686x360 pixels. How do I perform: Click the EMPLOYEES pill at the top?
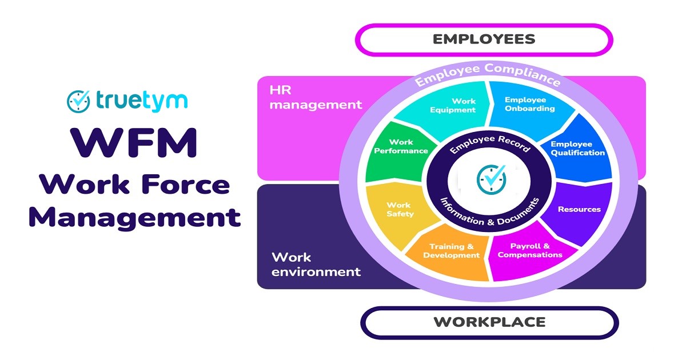tap(484, 39)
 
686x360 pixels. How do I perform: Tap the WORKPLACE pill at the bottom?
tap(489, 322)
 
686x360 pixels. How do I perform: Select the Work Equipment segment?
tap(452, 106)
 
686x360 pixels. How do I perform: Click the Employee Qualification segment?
tap(577, 149)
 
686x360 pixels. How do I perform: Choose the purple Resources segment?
tap(579, 209)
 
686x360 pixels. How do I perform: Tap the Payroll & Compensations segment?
tap(529, 251)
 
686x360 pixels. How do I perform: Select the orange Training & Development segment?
tap(451, 251)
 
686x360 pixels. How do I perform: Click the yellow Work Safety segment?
tap(399, 209)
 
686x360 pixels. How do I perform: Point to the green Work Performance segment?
tap(400, 147)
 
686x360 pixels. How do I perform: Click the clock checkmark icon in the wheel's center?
tap(491, 179)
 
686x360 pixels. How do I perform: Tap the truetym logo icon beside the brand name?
tap(78, 101)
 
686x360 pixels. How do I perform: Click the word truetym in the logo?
tap(141, 101)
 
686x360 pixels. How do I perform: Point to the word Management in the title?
tap(134, 217)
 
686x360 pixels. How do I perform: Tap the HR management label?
tap(316, 97)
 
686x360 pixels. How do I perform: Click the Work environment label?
tap(316, 264)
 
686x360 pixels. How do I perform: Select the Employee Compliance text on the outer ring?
tap(487, 75)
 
